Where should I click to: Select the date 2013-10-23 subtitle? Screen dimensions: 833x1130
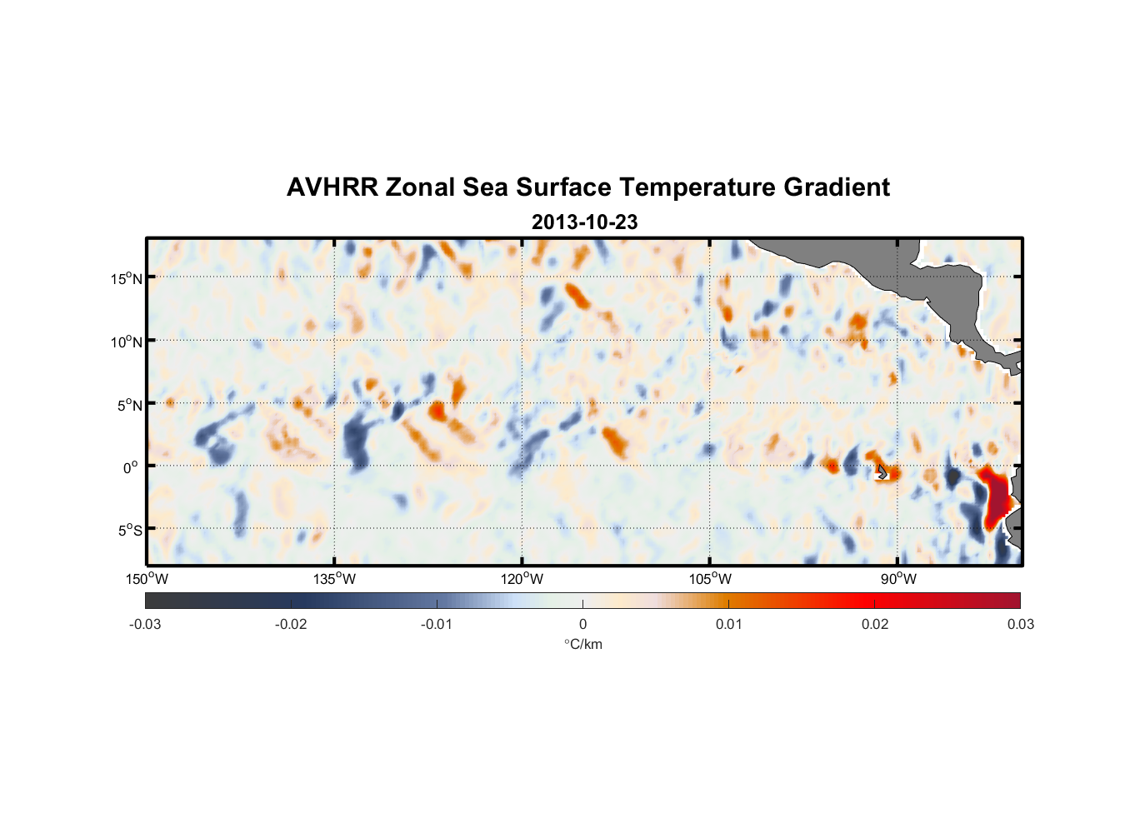pyautogui.click(x=584, y=222)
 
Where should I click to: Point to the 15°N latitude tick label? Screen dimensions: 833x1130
pyautogui.click(x=127, y=278)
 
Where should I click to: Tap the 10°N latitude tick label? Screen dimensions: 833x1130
pyautogui.click(x=127, y=342)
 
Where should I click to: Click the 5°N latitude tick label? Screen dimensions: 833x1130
pyautogui.click(x=129, y=405)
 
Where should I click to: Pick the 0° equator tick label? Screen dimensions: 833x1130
pyautogui.click(x=131, y=467)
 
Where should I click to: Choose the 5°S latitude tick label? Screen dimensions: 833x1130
pyautogui.click(x=129, y=531)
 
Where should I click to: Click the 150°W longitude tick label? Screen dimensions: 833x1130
pyautogui.click(x=147, y=579)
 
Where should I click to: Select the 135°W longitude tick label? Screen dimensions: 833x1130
pyautogui.click(x=334, y=579)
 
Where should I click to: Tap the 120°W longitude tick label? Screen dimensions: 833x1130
pyautogui.click(x=522, y=579)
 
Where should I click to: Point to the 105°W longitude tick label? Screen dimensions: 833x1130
pyautogui.click(x=710, y=579)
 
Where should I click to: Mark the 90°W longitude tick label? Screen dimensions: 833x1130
pyautogui.click(x=897, y=579)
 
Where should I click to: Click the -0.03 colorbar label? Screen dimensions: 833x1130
pyautogui.click(x=145, y=625)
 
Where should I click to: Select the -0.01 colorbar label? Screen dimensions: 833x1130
pyautogui.click(x=437, y=625)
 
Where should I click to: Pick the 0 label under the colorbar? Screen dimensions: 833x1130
pyautogui.click(x=582, y=625)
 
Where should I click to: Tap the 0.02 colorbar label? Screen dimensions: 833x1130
pyautogui.click(x=875, y=625)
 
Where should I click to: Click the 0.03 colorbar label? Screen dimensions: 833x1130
pyautogui.click(x=1020, y=625)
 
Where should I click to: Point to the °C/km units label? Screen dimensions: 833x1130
pyautogui.click(x=582, y=644)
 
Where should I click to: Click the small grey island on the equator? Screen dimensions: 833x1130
pyautogui.click(x=882, y=472)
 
